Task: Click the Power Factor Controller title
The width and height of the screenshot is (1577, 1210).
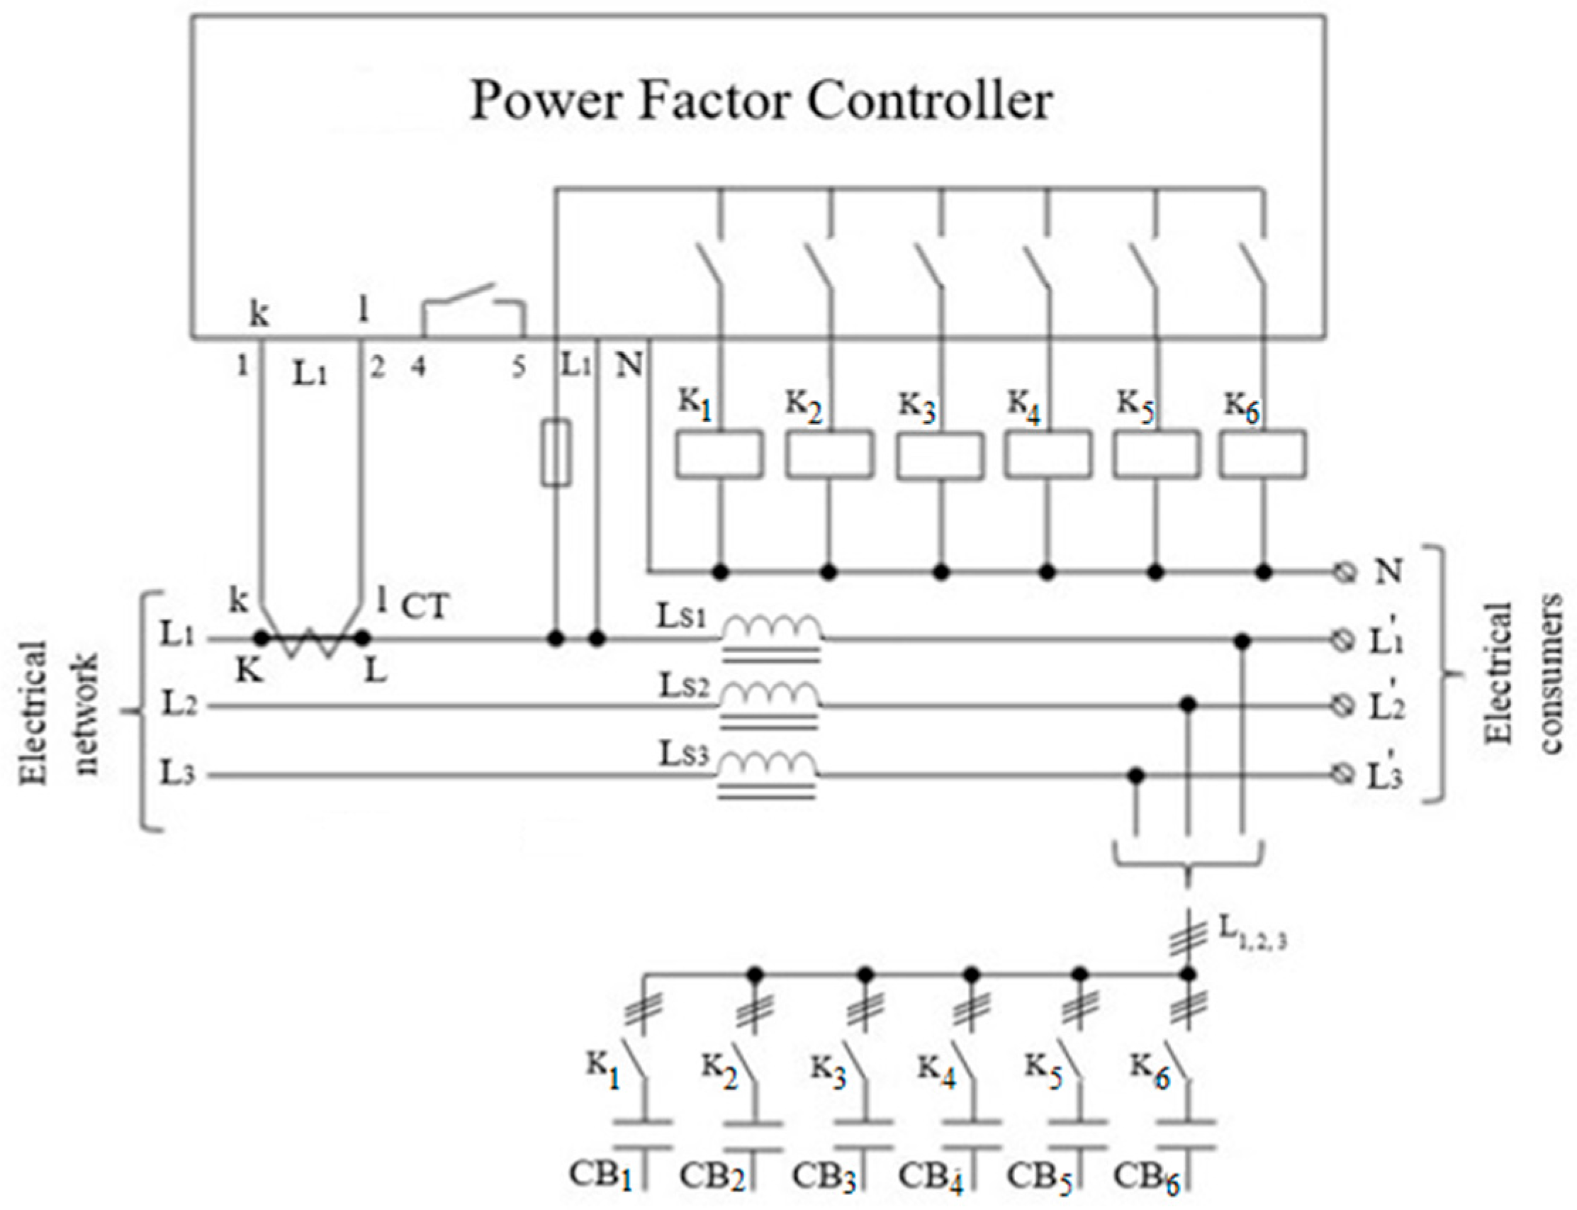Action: pyautogui.click(x=761, y=101)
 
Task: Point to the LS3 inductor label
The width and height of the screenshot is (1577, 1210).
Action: pyautogui.click(x=684, y=754)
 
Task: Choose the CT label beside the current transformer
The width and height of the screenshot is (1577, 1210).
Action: pyautogui.click(x=425, y=607)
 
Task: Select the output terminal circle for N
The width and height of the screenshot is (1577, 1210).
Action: pyautogui.click(x=1344, y=573)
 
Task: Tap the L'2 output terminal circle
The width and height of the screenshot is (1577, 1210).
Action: pyautogui.click(x=1344, y=707)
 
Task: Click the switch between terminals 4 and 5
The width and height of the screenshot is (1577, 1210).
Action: pyautogui.click(x=473, y=313)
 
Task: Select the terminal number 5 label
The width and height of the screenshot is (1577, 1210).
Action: pyautogui.click(x=519, y=367)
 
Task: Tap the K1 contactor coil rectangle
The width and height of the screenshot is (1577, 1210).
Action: pyautogui.click(x=718, y=454)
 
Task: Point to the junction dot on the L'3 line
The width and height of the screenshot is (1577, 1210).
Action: pyautogui.click(x=1135, y=775)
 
